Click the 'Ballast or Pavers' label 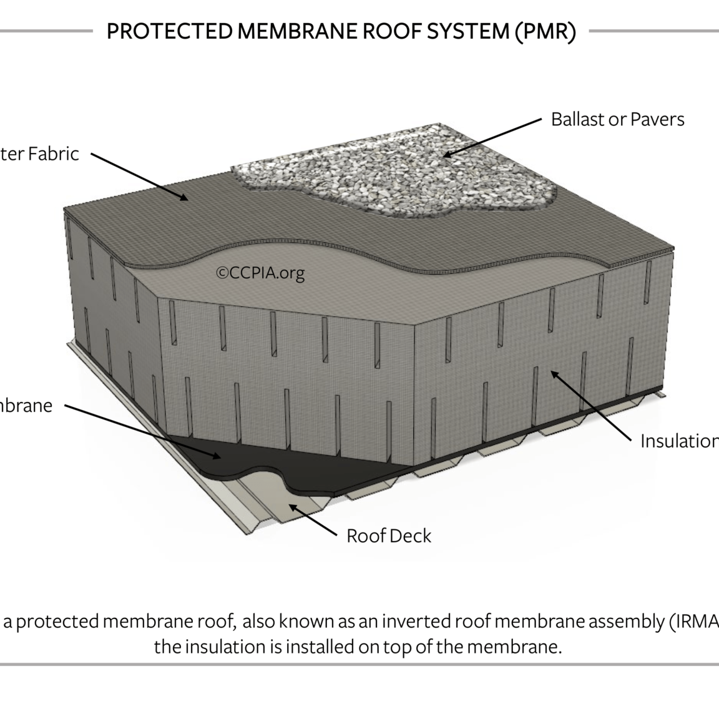pos(617,119)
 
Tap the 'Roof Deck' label pos(388,536)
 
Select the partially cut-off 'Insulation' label pos(679,441)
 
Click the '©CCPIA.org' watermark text pos(260,273)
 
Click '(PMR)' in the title pos(545,32)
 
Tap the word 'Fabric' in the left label pos(54,154)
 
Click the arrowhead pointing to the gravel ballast pos(447,154)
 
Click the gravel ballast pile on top pos(393,169)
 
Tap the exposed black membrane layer pos(262,462)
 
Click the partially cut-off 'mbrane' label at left pos(26,406)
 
